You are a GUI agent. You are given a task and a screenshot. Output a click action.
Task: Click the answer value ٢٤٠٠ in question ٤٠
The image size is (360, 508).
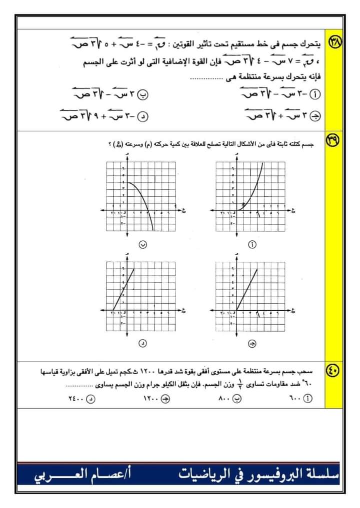point(73,399)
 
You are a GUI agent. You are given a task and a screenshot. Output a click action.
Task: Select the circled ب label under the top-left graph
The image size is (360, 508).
point(142,245)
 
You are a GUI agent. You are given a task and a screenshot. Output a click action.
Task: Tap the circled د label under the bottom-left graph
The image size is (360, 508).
point(142,344)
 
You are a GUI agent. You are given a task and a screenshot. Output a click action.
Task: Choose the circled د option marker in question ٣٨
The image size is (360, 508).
point(143,117)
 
